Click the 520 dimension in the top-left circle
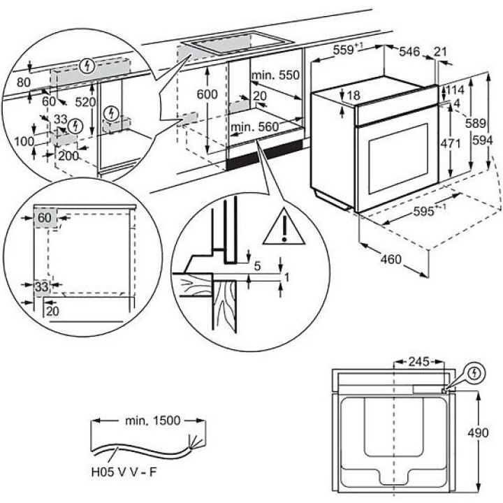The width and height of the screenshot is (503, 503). click(x=86, y=101)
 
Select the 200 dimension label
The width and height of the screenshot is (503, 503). click(x=68, y=156)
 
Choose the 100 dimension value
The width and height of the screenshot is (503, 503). click(x=24, y=142)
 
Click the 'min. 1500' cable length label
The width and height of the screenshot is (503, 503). click(x=150, y=421)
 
